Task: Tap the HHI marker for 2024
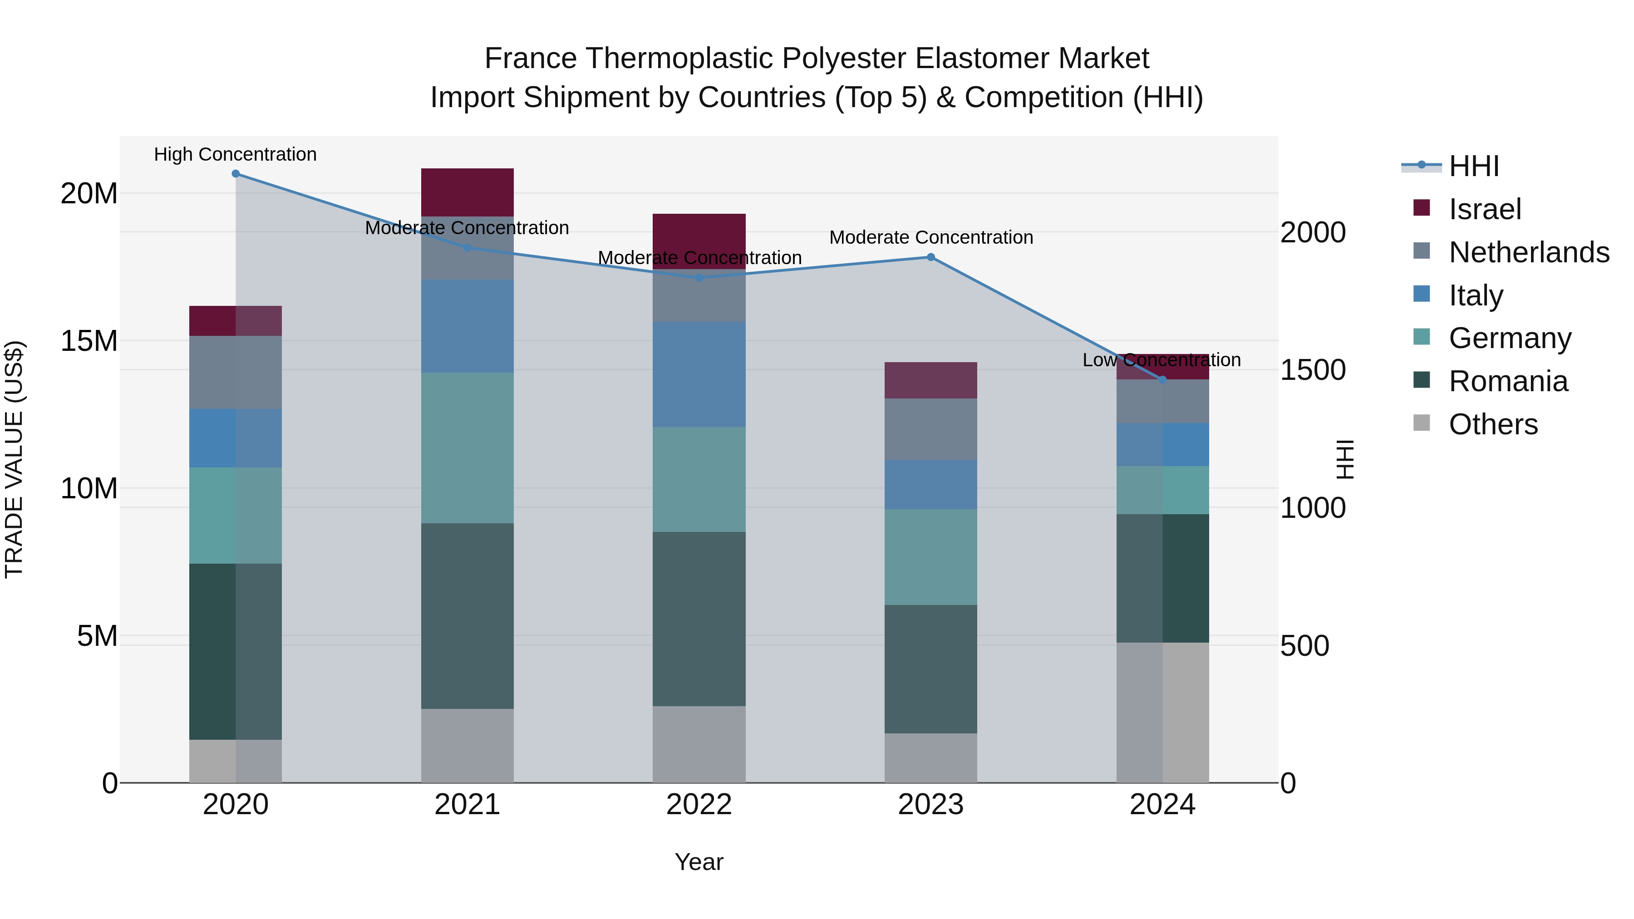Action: (x=1163, y=380)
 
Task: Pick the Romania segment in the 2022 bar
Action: (x=699, y=619)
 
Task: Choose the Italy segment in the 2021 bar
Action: (x=468, y=326)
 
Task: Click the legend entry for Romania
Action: (x=1508, y=381)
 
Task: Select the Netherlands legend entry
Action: (x=1529, y=252)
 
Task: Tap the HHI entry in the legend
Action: (x=1473, y=166)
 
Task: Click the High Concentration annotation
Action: (x=235, y=154)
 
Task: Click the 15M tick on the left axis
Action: (x=89, y=340)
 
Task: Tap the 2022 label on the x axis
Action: (x=699, y=805)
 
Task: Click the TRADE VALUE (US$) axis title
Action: (x=14, y=459)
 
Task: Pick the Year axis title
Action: (x=699, y=862)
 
